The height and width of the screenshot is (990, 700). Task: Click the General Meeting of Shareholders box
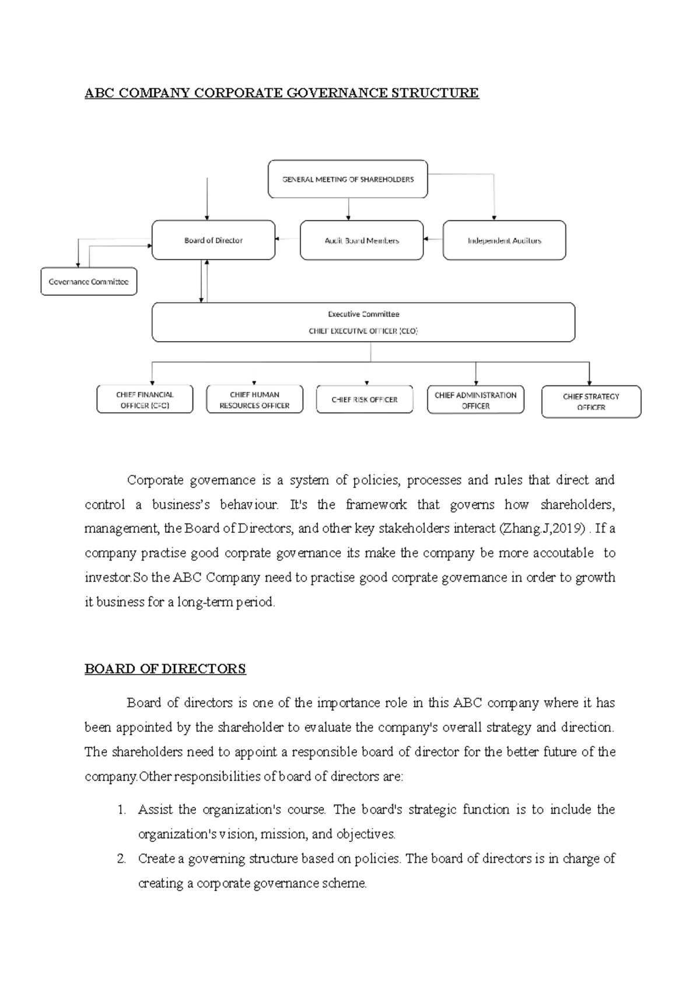click(x=348, y=180)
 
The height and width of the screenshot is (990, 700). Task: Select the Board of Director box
click(x=213, y=240)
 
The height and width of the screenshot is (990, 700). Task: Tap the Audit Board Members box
click(x=362, y=240)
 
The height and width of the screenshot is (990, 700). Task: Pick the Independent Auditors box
click(x=504, y=240)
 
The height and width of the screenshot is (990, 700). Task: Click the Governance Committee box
click(x=89, y=282)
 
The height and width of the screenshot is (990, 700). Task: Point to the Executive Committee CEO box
click(x=363, y=322)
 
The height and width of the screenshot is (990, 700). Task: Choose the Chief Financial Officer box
click(x=145, y=399)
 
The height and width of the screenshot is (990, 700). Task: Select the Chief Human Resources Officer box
click(x=254, y=399)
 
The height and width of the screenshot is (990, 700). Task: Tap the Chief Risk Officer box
click(x=364, y=399)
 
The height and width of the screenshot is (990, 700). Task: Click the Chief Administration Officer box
click(x=475, y=400)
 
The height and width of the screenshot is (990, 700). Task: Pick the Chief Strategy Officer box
click(x=591, y=402)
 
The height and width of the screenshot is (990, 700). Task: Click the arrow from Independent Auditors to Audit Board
click(x=433, y=238)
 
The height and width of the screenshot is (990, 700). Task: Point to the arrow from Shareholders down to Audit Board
click(x=349, y=209)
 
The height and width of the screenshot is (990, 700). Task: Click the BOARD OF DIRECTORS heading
click(x=165, y=669)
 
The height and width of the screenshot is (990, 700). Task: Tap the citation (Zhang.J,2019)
click(x=542, y=529)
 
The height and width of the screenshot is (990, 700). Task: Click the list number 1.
click(x=121, y=810)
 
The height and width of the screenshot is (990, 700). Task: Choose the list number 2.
click(x=121, y=859)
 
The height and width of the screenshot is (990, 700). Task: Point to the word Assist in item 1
click(x=155, y=810)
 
